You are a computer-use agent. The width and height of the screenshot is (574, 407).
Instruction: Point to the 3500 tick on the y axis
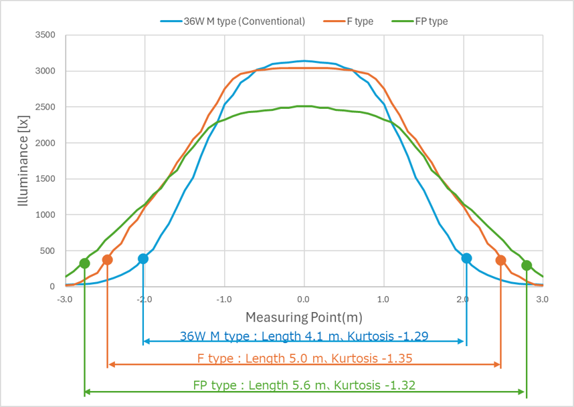45,35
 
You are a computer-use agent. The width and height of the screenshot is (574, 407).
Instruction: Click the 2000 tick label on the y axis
45,143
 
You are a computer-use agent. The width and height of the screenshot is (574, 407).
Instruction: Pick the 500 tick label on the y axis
47,251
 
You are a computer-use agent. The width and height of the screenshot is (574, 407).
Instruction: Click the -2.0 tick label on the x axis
145,299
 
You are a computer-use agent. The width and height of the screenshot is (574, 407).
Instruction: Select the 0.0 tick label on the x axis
304,299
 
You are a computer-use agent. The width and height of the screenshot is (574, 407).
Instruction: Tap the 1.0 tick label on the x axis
383,299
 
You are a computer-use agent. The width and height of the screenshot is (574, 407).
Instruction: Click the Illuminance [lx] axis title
23,161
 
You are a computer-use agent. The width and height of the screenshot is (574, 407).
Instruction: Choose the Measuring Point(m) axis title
304,316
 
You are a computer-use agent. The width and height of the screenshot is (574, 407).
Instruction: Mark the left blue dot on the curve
142,259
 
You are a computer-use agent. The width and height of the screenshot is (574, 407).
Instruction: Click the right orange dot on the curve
500,260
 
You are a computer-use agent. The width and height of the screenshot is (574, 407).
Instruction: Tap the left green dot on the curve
84,263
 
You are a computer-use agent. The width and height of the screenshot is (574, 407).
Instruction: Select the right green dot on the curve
527,265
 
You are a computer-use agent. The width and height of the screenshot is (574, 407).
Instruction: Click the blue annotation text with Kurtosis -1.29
304,335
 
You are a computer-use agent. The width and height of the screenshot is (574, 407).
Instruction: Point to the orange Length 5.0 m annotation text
304,358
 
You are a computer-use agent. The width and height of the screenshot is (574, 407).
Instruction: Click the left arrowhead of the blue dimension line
146,342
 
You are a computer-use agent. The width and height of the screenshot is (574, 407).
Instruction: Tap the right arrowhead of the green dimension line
523,392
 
